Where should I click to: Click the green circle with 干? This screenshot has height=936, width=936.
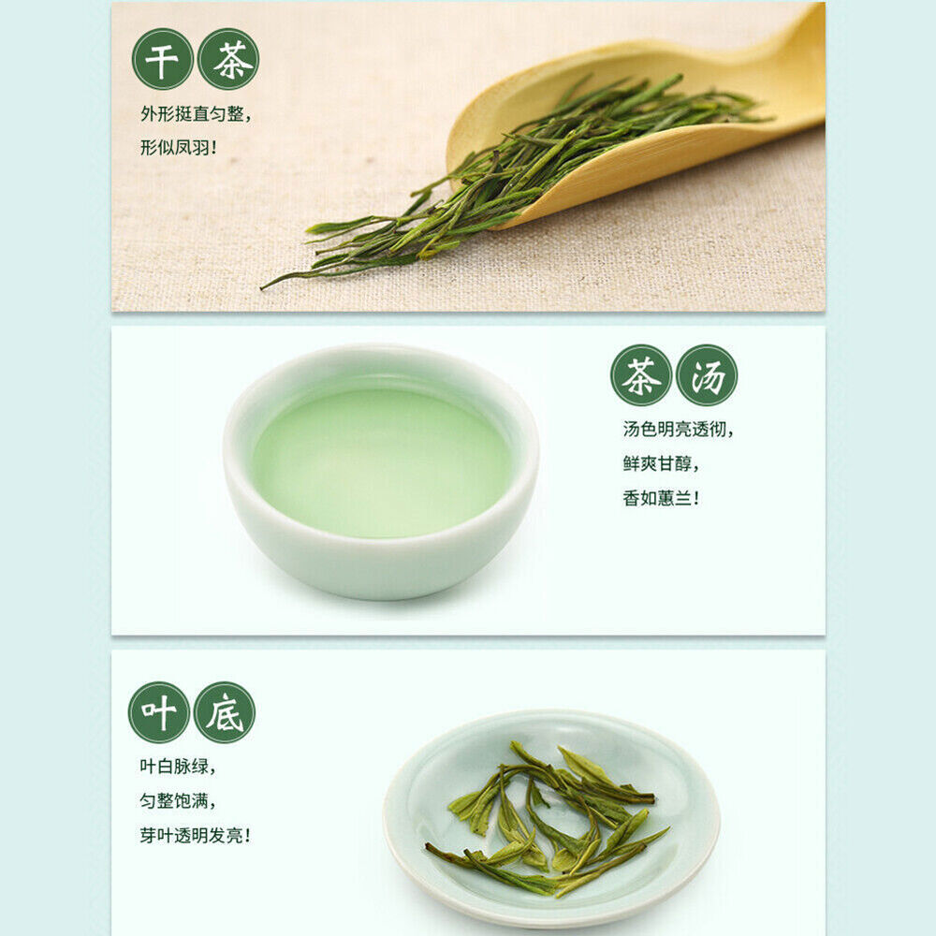162,59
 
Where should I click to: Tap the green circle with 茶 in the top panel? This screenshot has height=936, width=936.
228,59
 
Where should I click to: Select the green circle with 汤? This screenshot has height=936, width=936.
707,375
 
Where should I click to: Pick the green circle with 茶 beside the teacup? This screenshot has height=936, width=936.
641,375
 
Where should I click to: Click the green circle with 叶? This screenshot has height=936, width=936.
159,712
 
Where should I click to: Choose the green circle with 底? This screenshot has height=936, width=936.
225,712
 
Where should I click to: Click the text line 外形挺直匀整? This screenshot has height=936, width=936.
196,113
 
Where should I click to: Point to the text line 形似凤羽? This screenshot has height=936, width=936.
178,148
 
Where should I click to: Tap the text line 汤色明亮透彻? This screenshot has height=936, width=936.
678,430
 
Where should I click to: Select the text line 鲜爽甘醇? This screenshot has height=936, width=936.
661,463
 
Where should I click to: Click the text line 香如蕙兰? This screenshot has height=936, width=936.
661,498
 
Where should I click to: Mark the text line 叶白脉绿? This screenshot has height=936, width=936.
178,766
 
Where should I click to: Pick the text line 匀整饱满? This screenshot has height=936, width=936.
178,800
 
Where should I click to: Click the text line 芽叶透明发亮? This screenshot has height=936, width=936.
196,835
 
